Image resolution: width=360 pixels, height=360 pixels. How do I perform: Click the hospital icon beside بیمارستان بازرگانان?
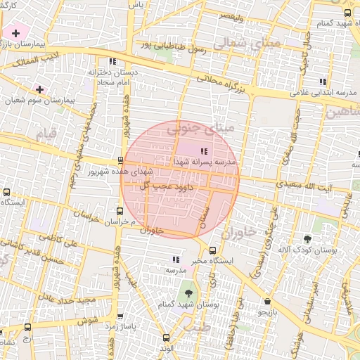click(15, 33)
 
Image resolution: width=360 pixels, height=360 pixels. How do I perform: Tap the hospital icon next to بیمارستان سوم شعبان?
click(39, 89)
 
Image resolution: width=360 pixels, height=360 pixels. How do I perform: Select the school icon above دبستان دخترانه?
click(112, 61)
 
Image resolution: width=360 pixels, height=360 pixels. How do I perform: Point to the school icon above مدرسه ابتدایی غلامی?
click(323, 81)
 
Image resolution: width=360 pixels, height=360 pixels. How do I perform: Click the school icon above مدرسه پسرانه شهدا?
click(204, 150)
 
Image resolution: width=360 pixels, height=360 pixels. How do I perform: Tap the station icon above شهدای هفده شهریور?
click(120, 160)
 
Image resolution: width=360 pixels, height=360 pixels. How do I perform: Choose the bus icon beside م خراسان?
click(120, 210)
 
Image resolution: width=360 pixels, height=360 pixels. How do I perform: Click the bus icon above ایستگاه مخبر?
click(213, 250)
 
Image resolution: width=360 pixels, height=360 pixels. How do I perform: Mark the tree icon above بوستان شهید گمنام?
click(188, 292)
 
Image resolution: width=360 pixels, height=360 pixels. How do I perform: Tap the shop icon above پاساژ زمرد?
click(120, 316)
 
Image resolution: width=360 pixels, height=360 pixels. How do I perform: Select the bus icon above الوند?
click(166, 337)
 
